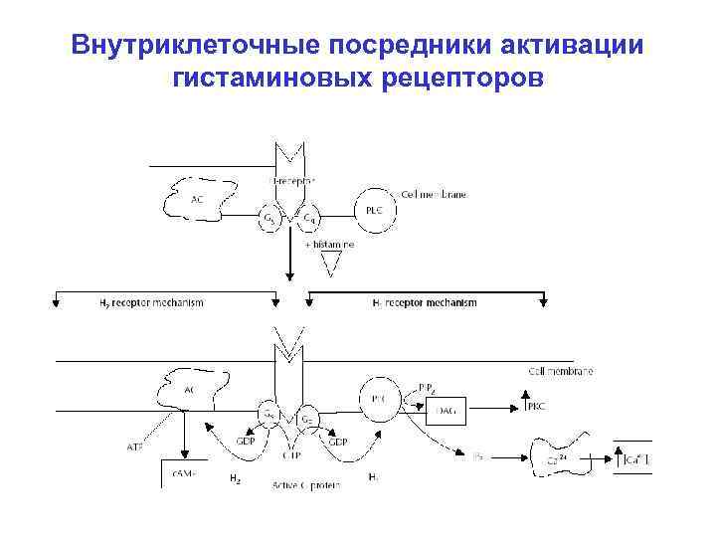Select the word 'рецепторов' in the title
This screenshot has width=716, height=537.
pyautogui.click(x=461, y=79)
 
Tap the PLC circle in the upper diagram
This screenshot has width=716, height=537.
pyautogui.click(x=372, y=210)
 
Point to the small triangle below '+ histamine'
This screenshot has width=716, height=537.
pyautogui.click(x=331, y=264)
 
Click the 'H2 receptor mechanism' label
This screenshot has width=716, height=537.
pyautogui.click(x=151, y=303)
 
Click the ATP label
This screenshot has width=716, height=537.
pyautogui.click(x=135, y=447)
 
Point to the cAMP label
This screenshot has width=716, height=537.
pyautogui.click(x=185, y=475)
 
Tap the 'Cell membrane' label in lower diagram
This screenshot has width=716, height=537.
pyautogui.click(x=560, y=371)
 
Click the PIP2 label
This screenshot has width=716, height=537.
pyautogui.click(x=426, y=386)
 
